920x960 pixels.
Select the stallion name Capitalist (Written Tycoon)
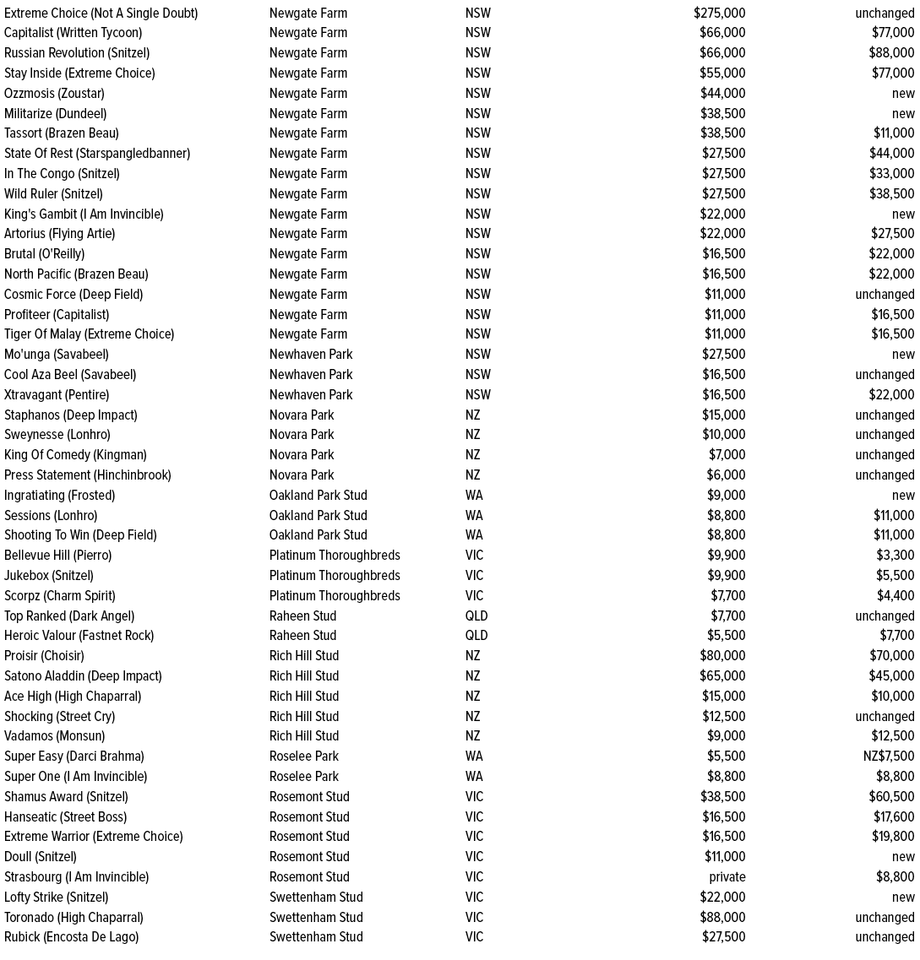[x=73, y=33]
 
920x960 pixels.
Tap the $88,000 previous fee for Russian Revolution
[x=893, y=53]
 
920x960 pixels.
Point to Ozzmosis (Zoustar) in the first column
[x=54, y=93]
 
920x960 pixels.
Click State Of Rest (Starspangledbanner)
[x=97, y=154]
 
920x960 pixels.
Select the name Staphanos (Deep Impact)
[x=70, y=415]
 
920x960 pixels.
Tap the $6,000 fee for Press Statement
[x=726, y=475]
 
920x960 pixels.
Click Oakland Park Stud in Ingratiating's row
[x=318, y=496]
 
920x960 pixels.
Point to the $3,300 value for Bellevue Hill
[x=895, y=556]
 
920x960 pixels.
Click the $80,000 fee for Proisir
[x=722, y=656]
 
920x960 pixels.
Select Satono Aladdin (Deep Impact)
[x=83, y=676]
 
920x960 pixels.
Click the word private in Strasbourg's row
[x=727, y=877]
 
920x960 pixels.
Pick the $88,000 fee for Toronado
[x=722, y=918]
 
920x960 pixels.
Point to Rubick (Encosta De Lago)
[x=71, y=937]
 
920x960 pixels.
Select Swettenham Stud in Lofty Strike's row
[x=316, y=898]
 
